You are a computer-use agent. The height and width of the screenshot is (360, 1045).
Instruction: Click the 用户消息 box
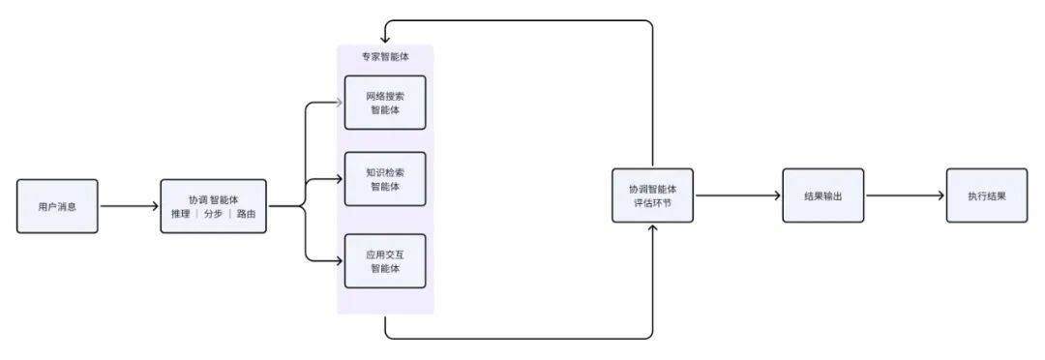pos(57,206)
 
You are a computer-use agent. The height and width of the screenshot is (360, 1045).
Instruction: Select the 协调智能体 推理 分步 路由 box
pos(213,206)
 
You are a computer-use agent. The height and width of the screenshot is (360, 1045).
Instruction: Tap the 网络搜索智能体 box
pos(385,103)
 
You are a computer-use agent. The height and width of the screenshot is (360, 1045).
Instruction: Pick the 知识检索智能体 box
pos(385,179)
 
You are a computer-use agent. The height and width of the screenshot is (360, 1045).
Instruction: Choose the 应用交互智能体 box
pos(385,260)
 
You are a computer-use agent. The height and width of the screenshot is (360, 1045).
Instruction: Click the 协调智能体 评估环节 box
pos(652,195)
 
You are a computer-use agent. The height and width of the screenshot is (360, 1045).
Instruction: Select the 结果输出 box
pos(822,195)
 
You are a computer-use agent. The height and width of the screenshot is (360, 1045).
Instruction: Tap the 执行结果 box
pos(986,195)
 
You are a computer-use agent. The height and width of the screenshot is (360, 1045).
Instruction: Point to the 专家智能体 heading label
pos(385,57)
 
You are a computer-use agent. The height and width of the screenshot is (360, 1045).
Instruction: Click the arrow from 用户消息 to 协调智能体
pos(129,206)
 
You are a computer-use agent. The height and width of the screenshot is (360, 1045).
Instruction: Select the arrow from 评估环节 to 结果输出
pos(737,195)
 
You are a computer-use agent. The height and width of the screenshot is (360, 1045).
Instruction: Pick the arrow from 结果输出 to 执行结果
pos(905,195)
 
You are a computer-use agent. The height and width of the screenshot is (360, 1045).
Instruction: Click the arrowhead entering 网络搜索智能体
pos(340,101)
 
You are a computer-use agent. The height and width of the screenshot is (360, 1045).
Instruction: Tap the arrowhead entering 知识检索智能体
pos(340,179)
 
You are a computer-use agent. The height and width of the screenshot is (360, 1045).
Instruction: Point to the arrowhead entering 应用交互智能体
pos(340,260)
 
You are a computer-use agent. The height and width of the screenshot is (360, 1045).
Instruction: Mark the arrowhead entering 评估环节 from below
pos(653,227)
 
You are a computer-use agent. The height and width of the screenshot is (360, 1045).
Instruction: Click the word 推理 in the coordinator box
pos(180,214)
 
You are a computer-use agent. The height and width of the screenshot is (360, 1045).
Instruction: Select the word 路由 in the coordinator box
pos(247,214)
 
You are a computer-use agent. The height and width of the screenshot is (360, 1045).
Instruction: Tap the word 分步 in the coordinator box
pos(213,214)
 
